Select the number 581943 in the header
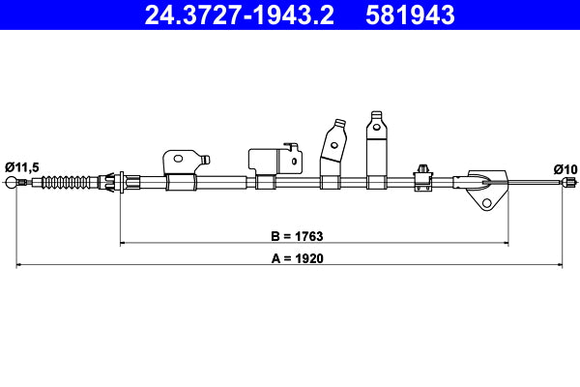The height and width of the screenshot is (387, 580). click(x=406, y=15)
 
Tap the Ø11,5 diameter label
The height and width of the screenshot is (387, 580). click(x=21, y=167)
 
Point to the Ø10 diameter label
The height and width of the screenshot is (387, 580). click(x=565, y=168)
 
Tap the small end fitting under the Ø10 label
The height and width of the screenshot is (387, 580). click(x=570, y=182)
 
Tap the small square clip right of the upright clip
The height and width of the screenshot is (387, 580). click(x=421, y=173)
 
